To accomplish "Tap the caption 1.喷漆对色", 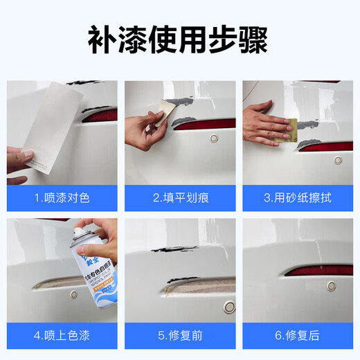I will [62, 197].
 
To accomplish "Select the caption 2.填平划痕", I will [180, 197].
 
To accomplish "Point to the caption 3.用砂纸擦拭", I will [298, 197].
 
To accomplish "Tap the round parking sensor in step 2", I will [214, 138].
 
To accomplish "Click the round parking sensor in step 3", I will [338, 160].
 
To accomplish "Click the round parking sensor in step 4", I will [74, 294].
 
